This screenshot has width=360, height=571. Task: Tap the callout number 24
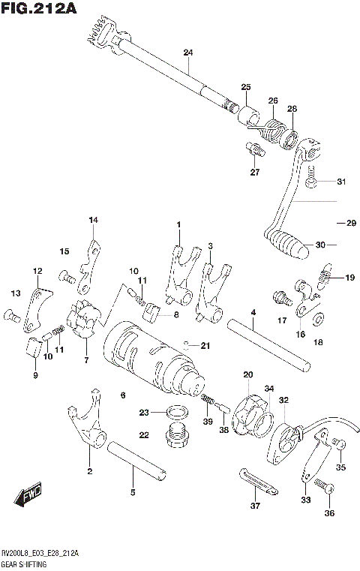[x=187, y=53]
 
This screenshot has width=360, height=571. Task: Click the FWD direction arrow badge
[x=28, y=497]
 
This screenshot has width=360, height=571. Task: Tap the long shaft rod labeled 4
[x=270, y=343]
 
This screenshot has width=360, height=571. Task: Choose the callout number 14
[x=93, y=220]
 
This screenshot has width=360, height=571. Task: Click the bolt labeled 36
[x=325, y=488]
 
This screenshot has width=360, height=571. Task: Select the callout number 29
[x=349, y=223]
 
